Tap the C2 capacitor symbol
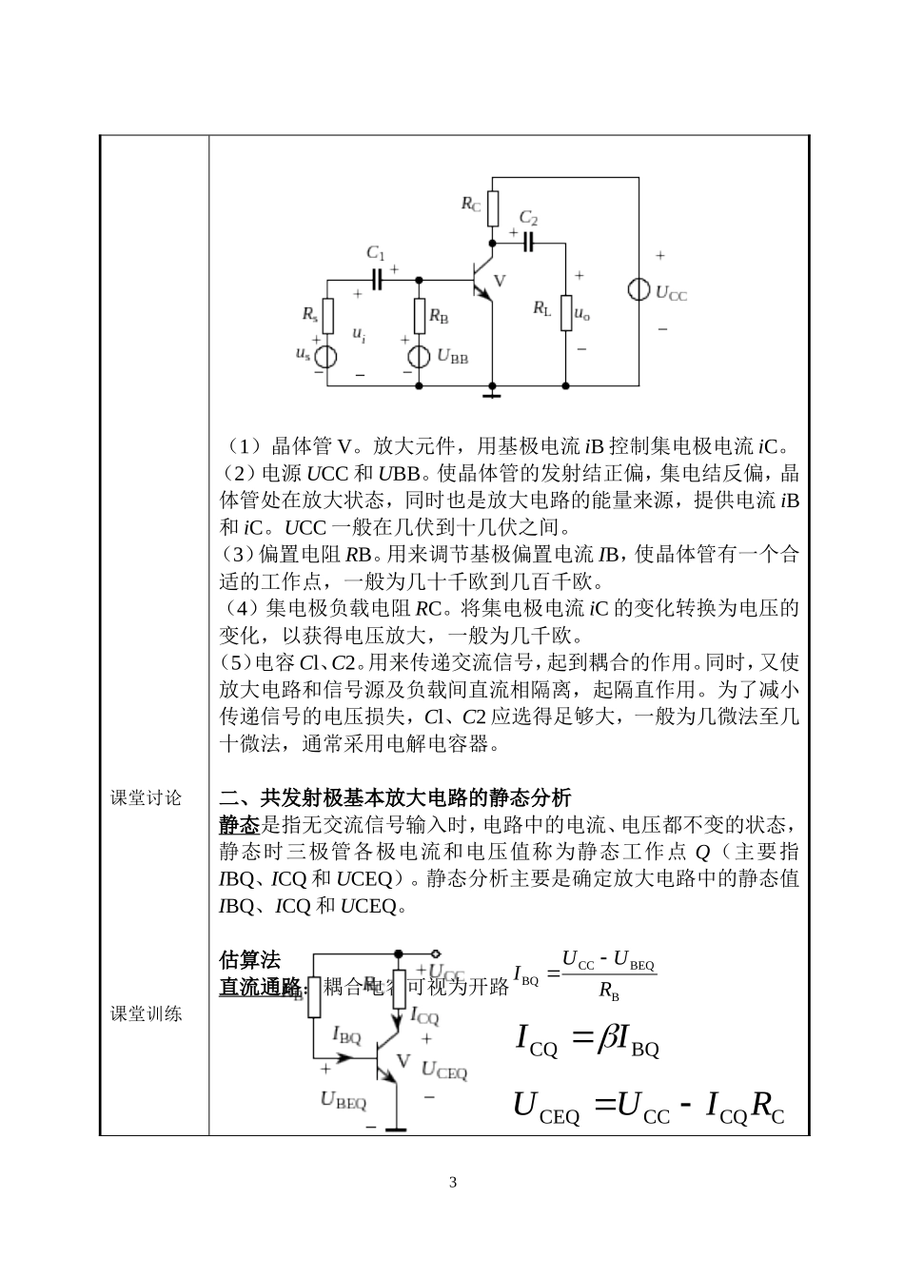click(528, 242)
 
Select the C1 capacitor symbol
click(378, 279)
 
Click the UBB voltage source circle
click(420, 356)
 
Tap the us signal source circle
click(326, 356)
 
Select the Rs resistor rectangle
click(326, 314)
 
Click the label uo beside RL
click(582, 315)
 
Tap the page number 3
click(452, 1183)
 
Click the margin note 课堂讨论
click(147, 797)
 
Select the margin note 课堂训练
click(147, 1013)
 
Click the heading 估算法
click(249, 959)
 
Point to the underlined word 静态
click(239, 823)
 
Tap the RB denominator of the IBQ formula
click(609, 992)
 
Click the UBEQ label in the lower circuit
click(344, 1101)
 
